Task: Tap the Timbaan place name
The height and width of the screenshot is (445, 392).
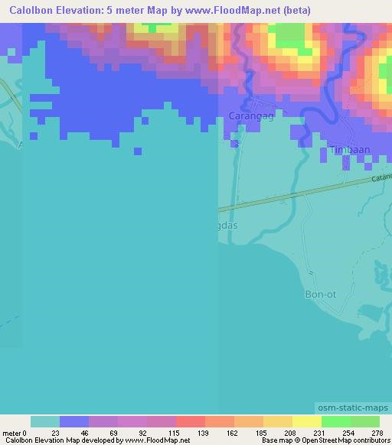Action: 348,151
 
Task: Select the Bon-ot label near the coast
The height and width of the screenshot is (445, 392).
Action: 320,294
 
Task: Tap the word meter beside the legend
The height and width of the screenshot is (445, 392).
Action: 12,433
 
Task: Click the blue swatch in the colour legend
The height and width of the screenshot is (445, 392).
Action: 74,421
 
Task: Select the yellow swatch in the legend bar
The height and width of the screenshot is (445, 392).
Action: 306,421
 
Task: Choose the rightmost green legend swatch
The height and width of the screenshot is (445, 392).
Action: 365,421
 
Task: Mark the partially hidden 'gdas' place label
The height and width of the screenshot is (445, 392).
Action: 230,227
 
